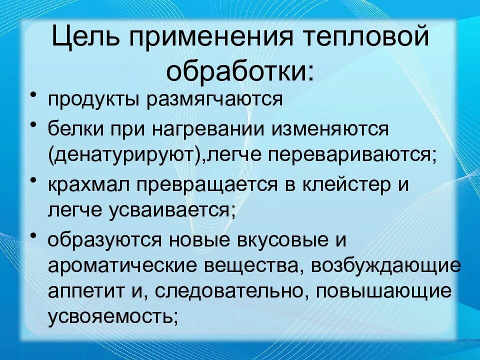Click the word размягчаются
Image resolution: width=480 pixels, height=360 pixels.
[216, 99]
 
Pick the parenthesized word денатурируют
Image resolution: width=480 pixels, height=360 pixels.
[127, 155]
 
